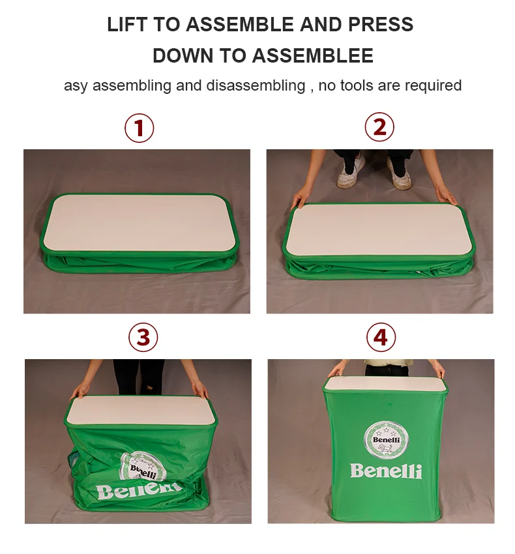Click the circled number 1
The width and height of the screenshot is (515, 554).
coord(139,128)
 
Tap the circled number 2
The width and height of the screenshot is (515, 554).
coord(379,127)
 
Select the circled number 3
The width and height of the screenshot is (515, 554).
coord(143,337)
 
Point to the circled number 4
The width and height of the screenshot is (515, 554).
coord(381,337)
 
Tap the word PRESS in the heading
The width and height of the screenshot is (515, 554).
coord(380,24)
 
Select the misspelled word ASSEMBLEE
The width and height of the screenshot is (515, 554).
coord(312,55)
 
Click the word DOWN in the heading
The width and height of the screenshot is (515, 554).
coord(183,55)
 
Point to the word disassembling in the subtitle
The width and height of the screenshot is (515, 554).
coord(256,85)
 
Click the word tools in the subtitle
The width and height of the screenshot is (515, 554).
coord(357,85)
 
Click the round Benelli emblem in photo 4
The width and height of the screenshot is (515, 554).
coord(386,440)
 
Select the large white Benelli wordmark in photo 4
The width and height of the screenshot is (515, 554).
coord(386,471)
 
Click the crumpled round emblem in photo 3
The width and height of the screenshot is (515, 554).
coord(143,467)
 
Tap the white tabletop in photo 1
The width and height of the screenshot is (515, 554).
coord(139,223)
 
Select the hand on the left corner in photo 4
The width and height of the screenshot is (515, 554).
coord(336,369)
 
